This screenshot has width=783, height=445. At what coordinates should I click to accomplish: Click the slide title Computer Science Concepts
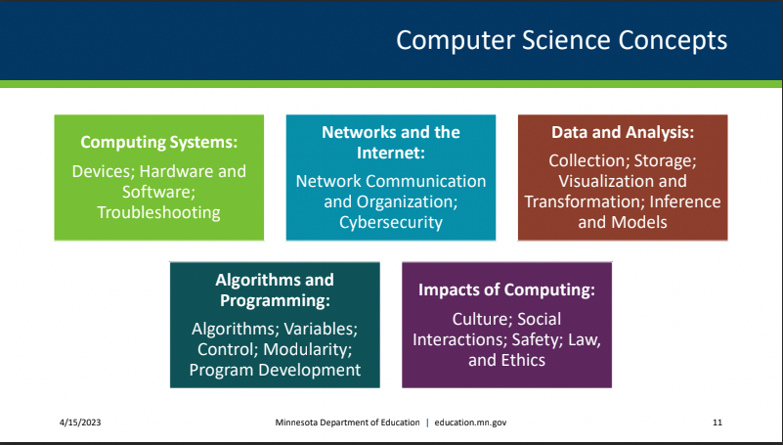click(561, 41)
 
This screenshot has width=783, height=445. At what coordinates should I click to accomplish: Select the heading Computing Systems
click(159, 143)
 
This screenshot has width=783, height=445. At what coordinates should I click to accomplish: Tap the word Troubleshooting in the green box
click(158, 211)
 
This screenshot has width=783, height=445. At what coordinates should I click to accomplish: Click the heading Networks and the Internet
click(391, 142)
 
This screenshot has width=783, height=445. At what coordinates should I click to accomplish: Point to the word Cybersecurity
click(391, 222)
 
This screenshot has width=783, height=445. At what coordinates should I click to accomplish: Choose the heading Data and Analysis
click(623, 131)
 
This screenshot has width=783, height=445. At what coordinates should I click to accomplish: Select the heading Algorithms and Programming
click(275, 290)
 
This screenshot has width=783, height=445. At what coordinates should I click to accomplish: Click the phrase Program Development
click(275, 370)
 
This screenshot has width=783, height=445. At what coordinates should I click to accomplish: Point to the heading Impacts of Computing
click(506, 290)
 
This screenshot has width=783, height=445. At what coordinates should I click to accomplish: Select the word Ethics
click(522, 360)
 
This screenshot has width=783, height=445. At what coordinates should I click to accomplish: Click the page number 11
click(717, 423)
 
